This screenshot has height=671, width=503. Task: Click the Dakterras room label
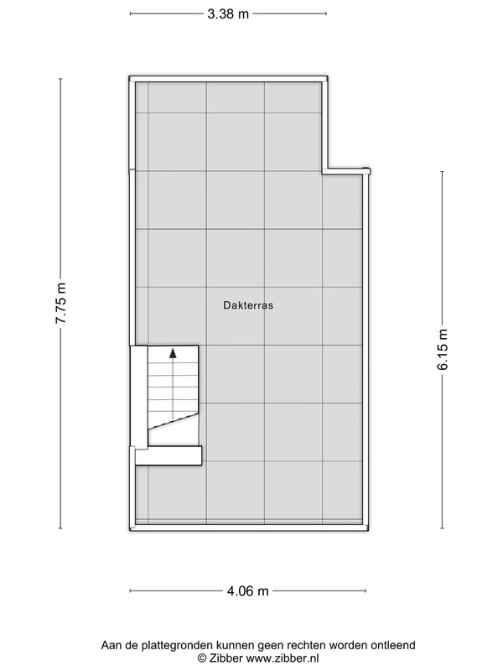(248, 305)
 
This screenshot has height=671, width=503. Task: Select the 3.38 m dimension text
(228, 13)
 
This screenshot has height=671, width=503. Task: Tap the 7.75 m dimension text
(60, 303)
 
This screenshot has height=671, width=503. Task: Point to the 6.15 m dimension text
(443, 349)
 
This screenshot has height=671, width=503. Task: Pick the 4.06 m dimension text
(247, 591)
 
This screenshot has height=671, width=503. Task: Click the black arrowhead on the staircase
(173, 353)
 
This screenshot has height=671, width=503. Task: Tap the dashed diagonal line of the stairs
(174, 421)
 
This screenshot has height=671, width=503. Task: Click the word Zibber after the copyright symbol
(226, 658)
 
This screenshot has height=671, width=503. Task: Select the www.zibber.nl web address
(283, 658)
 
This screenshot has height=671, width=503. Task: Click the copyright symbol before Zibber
(201, 658)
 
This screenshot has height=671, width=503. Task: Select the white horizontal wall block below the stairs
(169, 455)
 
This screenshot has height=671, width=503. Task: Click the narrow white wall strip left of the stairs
(139, 397)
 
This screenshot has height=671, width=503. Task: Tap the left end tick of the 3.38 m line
(130, 13)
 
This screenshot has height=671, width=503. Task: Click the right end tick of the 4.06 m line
(366, 591)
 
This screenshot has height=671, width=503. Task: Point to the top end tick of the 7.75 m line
(60, 79)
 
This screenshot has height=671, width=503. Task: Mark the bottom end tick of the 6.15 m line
(443, 528)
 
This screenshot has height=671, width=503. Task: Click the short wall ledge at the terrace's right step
(346, 171)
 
